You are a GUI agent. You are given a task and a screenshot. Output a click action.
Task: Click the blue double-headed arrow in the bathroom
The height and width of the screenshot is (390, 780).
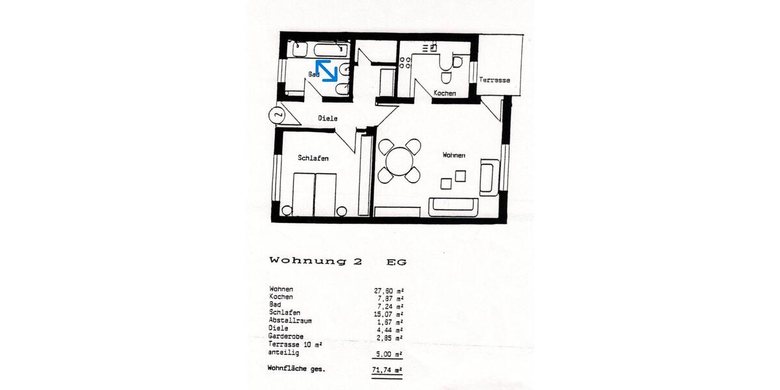point(326,70)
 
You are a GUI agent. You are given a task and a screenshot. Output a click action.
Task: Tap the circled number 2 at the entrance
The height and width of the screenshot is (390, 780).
point(277,115)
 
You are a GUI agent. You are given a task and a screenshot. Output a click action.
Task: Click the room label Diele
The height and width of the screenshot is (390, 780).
point(328,118)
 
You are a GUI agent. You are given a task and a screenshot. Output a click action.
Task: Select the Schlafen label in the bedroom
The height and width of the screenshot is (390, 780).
point(313,158)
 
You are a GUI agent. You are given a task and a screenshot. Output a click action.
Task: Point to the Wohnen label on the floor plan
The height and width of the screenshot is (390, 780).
point(454,155)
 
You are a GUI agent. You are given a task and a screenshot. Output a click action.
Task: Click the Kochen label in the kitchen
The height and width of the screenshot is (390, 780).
point(445,94)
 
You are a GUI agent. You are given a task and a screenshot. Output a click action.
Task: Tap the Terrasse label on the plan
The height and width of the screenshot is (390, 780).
point(495,80)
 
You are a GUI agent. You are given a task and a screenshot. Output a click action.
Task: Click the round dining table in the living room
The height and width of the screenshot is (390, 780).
point(399,160)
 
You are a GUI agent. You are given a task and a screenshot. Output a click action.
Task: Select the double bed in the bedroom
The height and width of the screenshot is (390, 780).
point(315,194)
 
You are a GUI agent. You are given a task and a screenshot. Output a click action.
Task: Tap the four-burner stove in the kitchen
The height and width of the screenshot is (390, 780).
point(406,62)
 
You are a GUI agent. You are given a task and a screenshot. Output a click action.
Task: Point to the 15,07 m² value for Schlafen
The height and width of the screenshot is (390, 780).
point(385,313)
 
